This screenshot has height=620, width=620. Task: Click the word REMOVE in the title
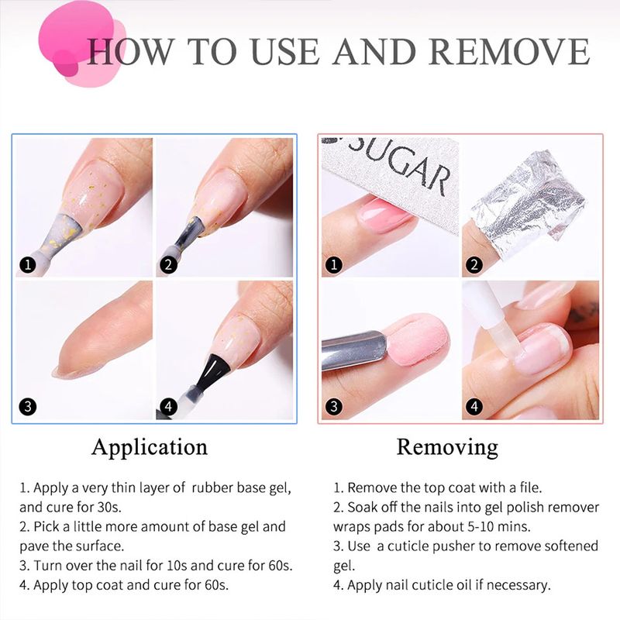click(509, 51)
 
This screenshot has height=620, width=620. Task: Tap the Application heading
click(150, 448)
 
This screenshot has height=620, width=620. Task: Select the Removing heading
click(447, 448)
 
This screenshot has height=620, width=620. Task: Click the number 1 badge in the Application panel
click(28, 264)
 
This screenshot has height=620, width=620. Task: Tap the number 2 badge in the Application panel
click(168, 264)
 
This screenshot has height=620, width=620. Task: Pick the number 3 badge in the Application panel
click(28, 406)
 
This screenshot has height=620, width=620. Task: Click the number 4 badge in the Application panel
click(168, 406)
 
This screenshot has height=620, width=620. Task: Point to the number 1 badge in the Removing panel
click(333, 264)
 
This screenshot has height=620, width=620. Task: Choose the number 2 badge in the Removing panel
click(474, 264)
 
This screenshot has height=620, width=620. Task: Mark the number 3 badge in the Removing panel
click(333, 406)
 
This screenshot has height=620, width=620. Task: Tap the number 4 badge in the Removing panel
click(474, 406)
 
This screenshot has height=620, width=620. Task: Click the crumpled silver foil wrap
click(528, 197)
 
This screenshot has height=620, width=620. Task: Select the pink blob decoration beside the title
click(81, 43)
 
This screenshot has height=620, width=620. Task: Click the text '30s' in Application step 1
click(108, 508)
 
